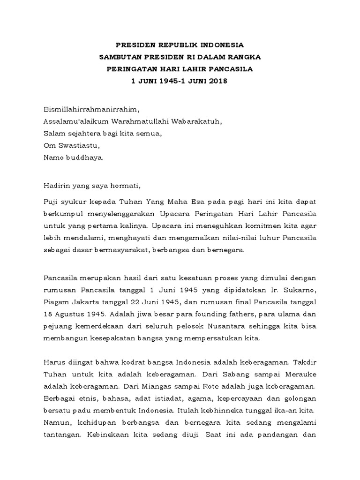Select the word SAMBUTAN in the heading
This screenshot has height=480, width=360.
coord(118,57)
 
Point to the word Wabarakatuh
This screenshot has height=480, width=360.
coord(195,121)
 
